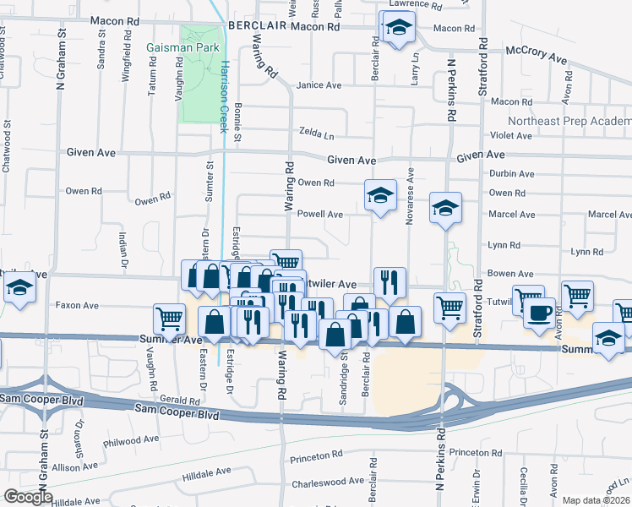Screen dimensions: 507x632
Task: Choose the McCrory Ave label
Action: (536, 54)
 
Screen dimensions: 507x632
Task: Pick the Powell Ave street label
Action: (320, 215)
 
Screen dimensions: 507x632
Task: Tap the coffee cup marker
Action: (539, 312)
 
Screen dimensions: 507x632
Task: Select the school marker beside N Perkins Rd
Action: (444, 208)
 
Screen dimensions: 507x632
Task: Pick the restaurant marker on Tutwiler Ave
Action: (390, 281)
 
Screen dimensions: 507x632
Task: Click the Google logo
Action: (28, 496)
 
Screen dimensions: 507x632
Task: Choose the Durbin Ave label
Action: (512, 174)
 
